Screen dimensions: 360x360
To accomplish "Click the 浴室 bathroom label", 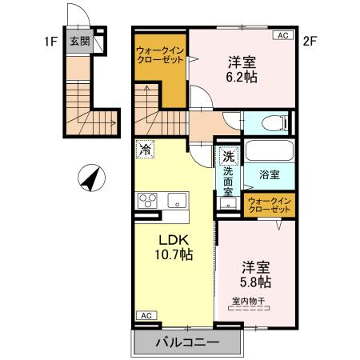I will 268,174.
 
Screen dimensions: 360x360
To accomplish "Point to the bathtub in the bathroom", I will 268,152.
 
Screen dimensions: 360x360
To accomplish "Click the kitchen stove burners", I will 149,200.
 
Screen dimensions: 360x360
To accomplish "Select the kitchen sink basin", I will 176,199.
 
